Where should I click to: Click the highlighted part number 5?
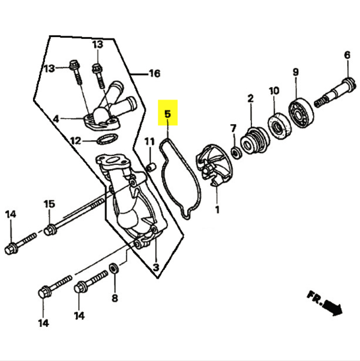tap(168, 113)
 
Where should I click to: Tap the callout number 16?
tap(154, 74)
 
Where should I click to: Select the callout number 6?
tap(347, 56)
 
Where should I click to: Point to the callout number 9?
tap(295, 73)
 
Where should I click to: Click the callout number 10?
tap(274, 91)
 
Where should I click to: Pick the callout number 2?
tap(250, 98)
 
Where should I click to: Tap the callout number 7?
tap(233, 128)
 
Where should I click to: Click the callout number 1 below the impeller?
tap(217, 210)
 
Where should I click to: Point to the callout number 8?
tap(115, 297)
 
